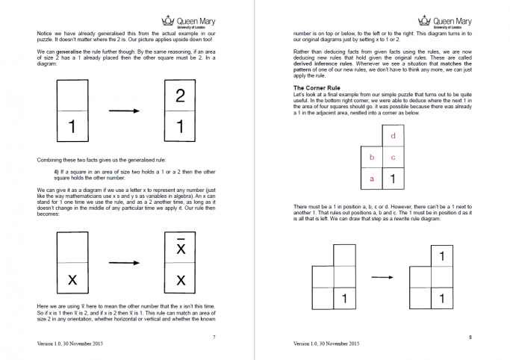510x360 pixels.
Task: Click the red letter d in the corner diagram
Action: click(x=393, y=136)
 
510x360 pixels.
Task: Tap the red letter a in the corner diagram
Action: click(x=372, y=179)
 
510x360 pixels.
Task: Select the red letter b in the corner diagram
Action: click(x=372, y=158)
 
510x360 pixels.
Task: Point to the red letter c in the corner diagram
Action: click(x=393, y=158)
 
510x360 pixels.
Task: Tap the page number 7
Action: click(x=214, y=338)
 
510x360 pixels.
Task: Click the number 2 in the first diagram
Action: click(x=179, y=95)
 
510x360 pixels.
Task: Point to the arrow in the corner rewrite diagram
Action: click(x=382, y=278)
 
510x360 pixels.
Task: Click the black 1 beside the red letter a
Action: click(x=393, y=179)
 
